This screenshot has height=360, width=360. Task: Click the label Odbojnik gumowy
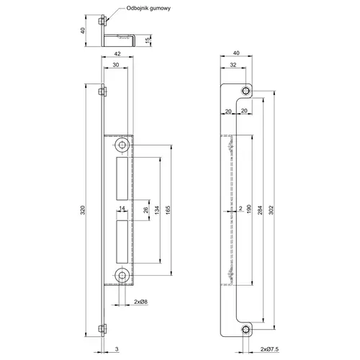(x=148, y=9)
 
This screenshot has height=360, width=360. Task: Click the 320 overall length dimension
(x=83, y=210)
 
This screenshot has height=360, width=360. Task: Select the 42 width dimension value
(x=117, y=54)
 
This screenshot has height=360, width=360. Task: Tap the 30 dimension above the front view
(x=116, y=65)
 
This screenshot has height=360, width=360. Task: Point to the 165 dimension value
(x=168, y=210)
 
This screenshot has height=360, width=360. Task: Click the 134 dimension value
(x=157, y=210)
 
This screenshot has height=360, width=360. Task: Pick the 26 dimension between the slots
(x=146, y=210)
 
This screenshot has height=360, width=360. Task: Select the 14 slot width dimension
(x=122, y=208)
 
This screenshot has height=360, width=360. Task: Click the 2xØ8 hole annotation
(x=140, y=302)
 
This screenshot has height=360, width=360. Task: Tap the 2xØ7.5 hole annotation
(x=269, y=349)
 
